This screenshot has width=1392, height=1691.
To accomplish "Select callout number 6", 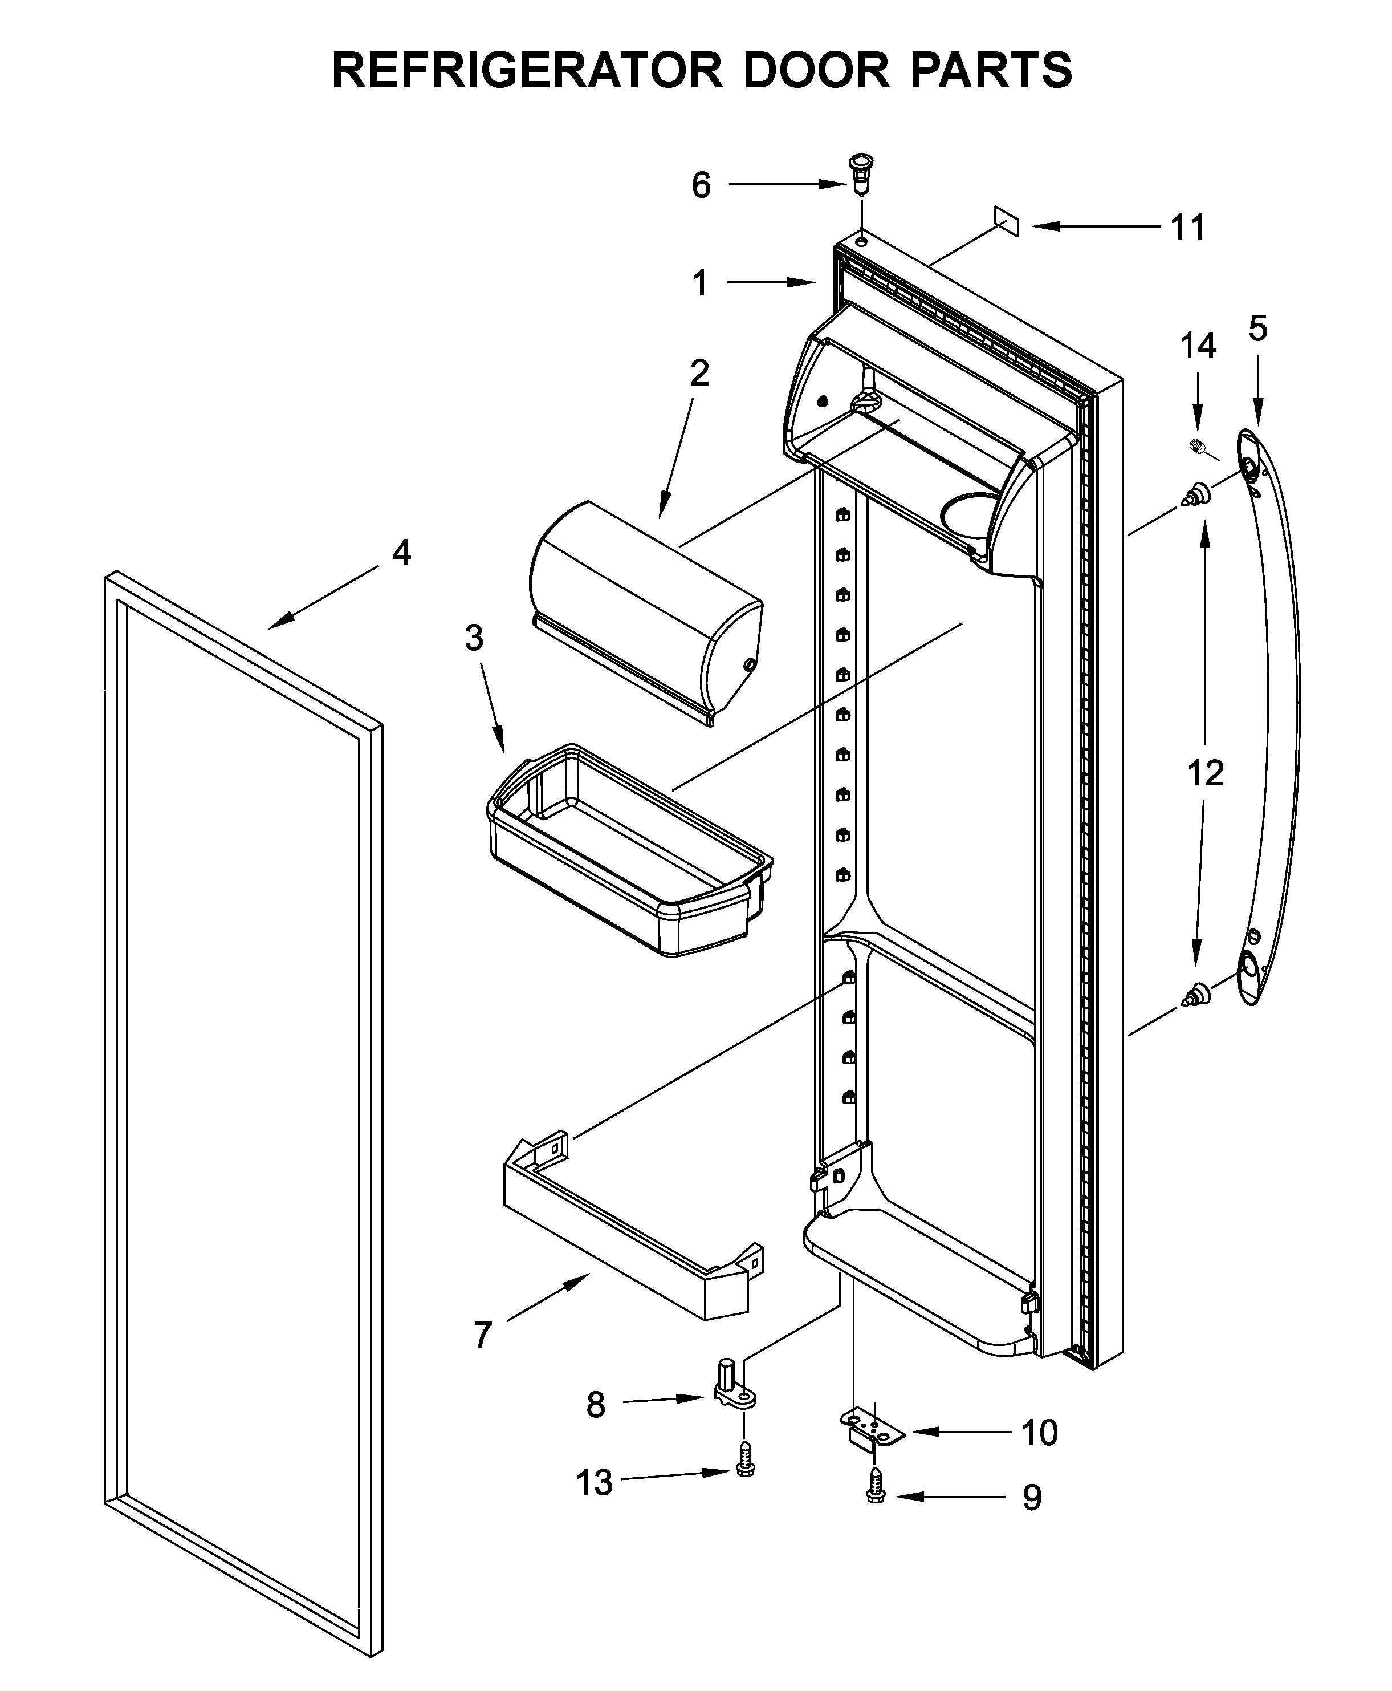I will [x=701, y=185].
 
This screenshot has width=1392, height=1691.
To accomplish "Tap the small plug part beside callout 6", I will [x=860, y=173].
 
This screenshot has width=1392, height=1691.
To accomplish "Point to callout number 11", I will [x=1189, y=228].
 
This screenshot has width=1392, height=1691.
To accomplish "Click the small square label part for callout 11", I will [x=1006, y=221].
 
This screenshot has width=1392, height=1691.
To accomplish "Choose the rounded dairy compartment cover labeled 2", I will [x=645, y=614].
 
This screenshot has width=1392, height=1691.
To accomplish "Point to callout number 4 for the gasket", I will [x=401, y=553].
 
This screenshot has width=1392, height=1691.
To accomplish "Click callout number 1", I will [x=700, y=283].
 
